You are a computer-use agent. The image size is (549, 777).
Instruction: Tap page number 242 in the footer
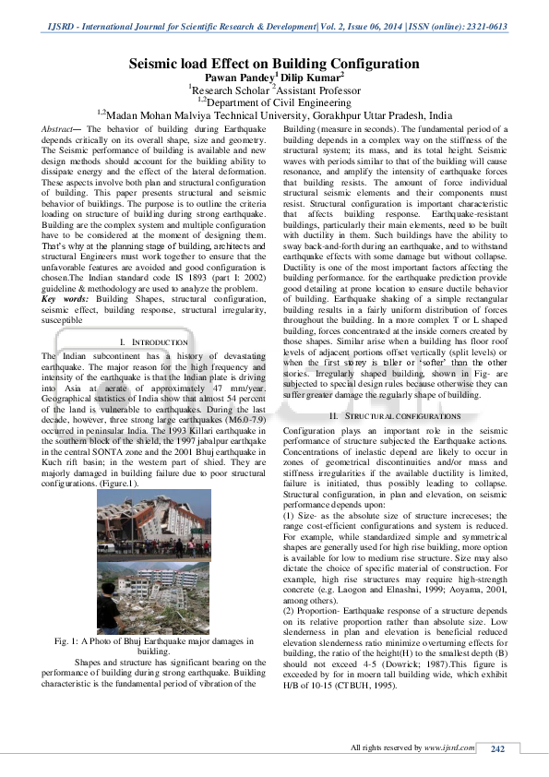click(497, 748)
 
